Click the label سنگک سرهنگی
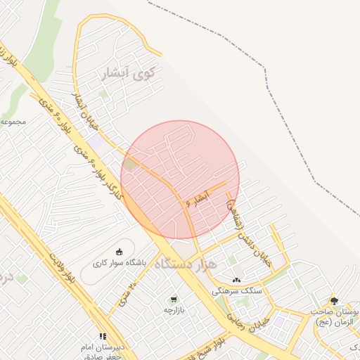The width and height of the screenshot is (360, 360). pos(236,290)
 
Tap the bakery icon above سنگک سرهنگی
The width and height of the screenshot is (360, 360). pos(236,280)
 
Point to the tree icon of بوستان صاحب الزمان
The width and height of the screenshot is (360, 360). pos(333,300)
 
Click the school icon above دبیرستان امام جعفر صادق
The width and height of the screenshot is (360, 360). pos(103,337)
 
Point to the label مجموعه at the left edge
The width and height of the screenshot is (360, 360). pos(13,122)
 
